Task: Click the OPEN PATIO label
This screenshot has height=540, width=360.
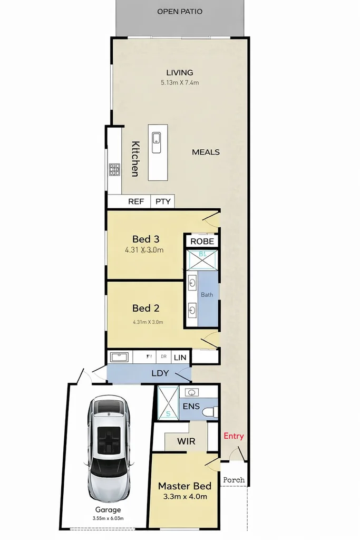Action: point(180,11)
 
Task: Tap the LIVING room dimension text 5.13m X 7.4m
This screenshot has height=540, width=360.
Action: point(180,83)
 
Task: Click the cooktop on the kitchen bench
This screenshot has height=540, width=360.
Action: point(114,170)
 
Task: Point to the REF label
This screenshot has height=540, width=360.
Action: point(136,201)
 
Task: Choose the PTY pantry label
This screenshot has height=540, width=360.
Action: point(163,201)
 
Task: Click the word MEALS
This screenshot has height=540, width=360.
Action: point(206,152)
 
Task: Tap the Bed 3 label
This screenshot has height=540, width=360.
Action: point(146,239)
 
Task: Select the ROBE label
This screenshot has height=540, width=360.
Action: point(202,241)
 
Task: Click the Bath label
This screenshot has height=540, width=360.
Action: point(207,295)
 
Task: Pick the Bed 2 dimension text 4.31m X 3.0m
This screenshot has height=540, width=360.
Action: point(148,322)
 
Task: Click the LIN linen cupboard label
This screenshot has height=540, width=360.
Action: point(180,358)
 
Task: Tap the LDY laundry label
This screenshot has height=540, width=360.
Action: point(160,373)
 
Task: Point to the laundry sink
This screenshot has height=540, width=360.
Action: point(119,357)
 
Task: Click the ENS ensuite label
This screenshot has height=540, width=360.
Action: point(191,406)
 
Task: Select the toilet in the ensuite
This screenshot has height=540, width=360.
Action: point(211,411)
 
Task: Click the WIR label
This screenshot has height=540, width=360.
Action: point(186,441)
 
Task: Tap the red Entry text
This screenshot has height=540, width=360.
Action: point(234,436)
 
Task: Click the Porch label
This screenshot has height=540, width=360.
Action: point(234,480)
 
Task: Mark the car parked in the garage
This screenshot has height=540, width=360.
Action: point(109,448)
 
